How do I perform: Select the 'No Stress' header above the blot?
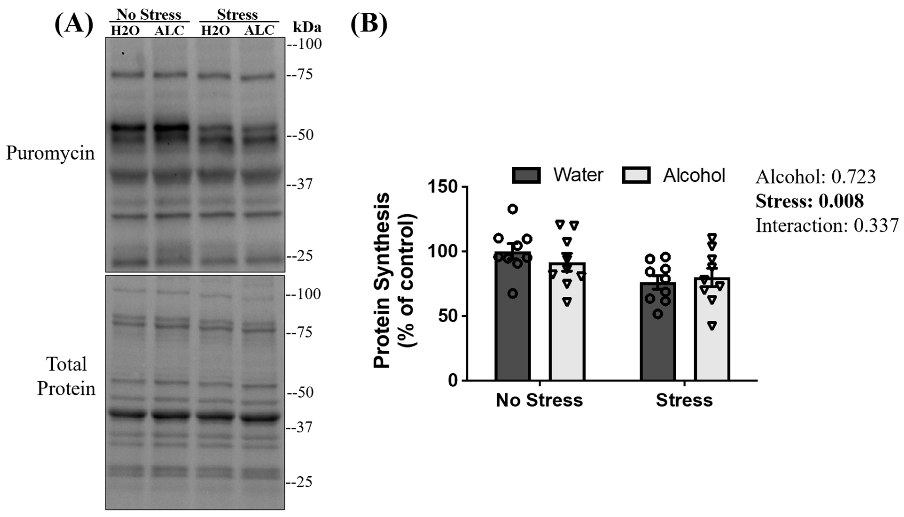(x=149, y=15)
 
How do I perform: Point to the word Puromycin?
(x=51, y=153)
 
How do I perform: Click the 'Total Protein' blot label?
(x=66, y=376)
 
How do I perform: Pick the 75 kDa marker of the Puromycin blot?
(x=300, y=75)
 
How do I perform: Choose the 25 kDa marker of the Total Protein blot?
(x=300, y=482)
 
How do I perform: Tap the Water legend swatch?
(x=526, y=175)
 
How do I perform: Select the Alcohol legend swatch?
(x=636, y=175)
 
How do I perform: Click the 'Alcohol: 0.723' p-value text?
(x=815, y=176)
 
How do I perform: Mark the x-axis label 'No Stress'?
(x=539, y=400)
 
